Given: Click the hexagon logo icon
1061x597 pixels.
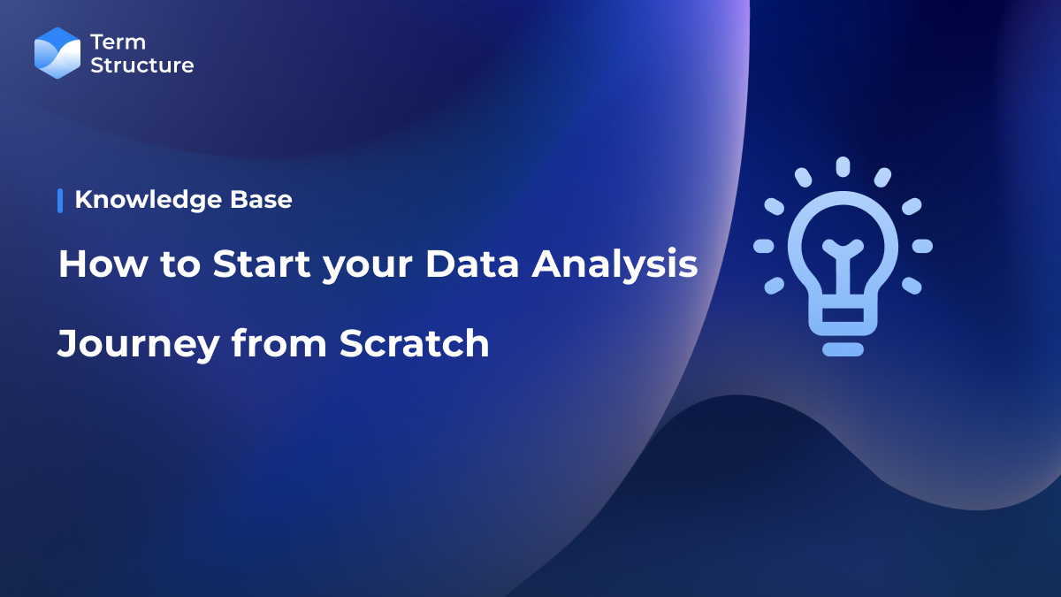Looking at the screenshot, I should [x=57, y=53].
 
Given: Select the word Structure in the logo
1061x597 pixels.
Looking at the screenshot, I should [x=141, y=65].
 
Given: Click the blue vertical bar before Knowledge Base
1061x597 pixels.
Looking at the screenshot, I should [x=60, y=201].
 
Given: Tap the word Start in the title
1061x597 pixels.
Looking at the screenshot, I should [x=256, y=264].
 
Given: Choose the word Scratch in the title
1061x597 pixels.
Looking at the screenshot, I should [x=415, y=343].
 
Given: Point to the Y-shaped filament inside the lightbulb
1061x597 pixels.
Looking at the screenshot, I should [x=843, y=256].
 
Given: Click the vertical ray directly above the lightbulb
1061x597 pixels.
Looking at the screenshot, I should [x=843, y=166].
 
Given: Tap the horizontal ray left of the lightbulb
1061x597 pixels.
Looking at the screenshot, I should [x=764, y=246].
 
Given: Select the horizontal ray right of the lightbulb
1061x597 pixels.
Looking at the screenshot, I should [x=922, y=246].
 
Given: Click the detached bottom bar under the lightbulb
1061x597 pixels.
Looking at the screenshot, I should [x=843, y=349].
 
